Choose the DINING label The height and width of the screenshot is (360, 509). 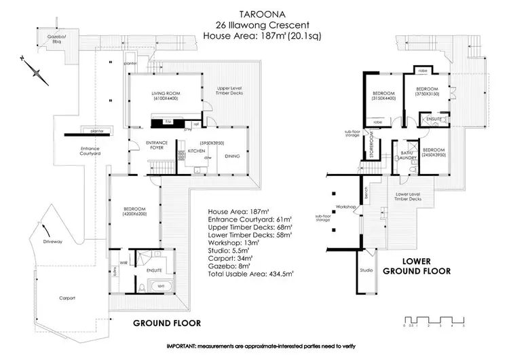[232, 155]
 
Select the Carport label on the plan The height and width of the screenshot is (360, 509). [67, 298]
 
